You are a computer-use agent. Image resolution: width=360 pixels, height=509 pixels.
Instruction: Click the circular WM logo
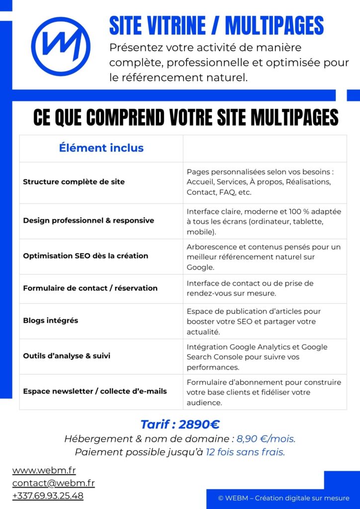coord(61,47)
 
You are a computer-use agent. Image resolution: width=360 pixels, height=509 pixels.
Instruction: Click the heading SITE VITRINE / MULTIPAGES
coord(216,26)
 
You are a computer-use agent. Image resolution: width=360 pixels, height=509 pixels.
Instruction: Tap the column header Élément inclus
coord(101,148)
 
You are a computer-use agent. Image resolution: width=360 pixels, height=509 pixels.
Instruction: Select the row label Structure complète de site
coord(74,182)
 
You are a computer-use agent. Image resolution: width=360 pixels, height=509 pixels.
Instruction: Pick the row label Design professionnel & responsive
coord(89,220)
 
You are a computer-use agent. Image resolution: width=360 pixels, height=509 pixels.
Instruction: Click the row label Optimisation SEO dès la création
coord(86,256)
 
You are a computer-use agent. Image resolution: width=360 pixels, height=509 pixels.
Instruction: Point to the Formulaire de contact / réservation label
coord(90,288)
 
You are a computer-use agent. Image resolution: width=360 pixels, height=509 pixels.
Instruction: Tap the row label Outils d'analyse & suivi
coord(67,356)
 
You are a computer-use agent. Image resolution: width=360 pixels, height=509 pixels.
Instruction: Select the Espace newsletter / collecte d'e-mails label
coord(95,391)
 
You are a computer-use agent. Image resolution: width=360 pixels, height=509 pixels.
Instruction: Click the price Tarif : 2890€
coord(180,424)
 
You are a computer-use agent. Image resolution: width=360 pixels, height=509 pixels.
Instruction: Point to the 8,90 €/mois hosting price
coord(266,439)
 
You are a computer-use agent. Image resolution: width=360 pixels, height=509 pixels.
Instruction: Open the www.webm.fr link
coord(44,470)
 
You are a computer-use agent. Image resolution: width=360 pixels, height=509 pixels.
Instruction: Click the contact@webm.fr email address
coord(53,483)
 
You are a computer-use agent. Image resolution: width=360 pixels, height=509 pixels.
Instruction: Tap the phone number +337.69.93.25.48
coord(48,496)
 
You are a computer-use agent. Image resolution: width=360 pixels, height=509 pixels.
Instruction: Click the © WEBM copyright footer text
coord(283,498)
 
